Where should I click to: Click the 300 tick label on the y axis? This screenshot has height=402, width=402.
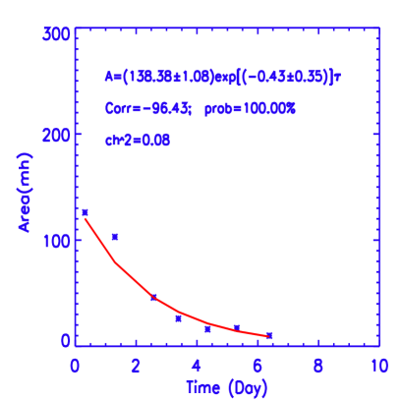coord(58,33)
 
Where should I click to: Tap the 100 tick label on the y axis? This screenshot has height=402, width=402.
coord(58,238)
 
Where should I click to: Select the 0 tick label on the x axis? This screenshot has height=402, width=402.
coord(75,365)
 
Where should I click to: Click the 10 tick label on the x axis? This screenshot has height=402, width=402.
coord(377,365)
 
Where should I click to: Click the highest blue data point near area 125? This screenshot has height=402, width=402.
coord(85,212)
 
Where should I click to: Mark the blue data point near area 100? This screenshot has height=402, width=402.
coord(115,237)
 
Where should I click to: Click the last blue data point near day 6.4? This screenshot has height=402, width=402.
coord(269,335)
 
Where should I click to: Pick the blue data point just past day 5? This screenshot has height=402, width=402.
coord(237,326)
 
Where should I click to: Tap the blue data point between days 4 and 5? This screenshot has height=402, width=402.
coord(207,329)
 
